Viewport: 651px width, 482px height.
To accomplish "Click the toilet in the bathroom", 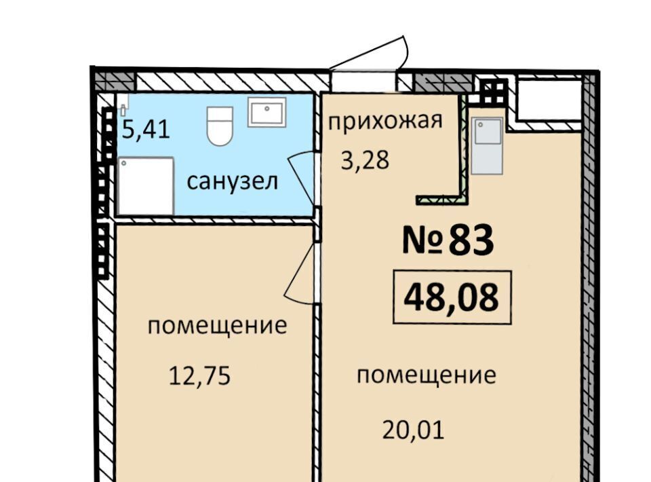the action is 220,126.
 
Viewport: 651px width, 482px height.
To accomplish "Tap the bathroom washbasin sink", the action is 267,112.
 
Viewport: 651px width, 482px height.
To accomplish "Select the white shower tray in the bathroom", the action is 146,186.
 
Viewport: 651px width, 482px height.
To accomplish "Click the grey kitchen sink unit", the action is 487,145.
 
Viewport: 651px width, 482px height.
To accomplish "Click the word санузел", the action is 232,181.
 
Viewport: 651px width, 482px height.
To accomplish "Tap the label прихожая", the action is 385,121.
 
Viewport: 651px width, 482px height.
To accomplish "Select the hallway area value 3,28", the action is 365,160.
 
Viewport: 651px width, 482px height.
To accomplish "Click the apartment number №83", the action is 448,240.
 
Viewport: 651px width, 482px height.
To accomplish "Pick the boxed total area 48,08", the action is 452,297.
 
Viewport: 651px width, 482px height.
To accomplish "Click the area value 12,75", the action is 199,377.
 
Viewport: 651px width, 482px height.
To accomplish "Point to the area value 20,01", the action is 413,430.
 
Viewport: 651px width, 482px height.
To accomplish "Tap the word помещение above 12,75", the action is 217,325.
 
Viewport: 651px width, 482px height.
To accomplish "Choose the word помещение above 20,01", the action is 427,375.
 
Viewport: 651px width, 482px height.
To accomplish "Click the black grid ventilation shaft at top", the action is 494,92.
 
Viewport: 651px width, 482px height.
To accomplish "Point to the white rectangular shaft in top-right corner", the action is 548,99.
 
